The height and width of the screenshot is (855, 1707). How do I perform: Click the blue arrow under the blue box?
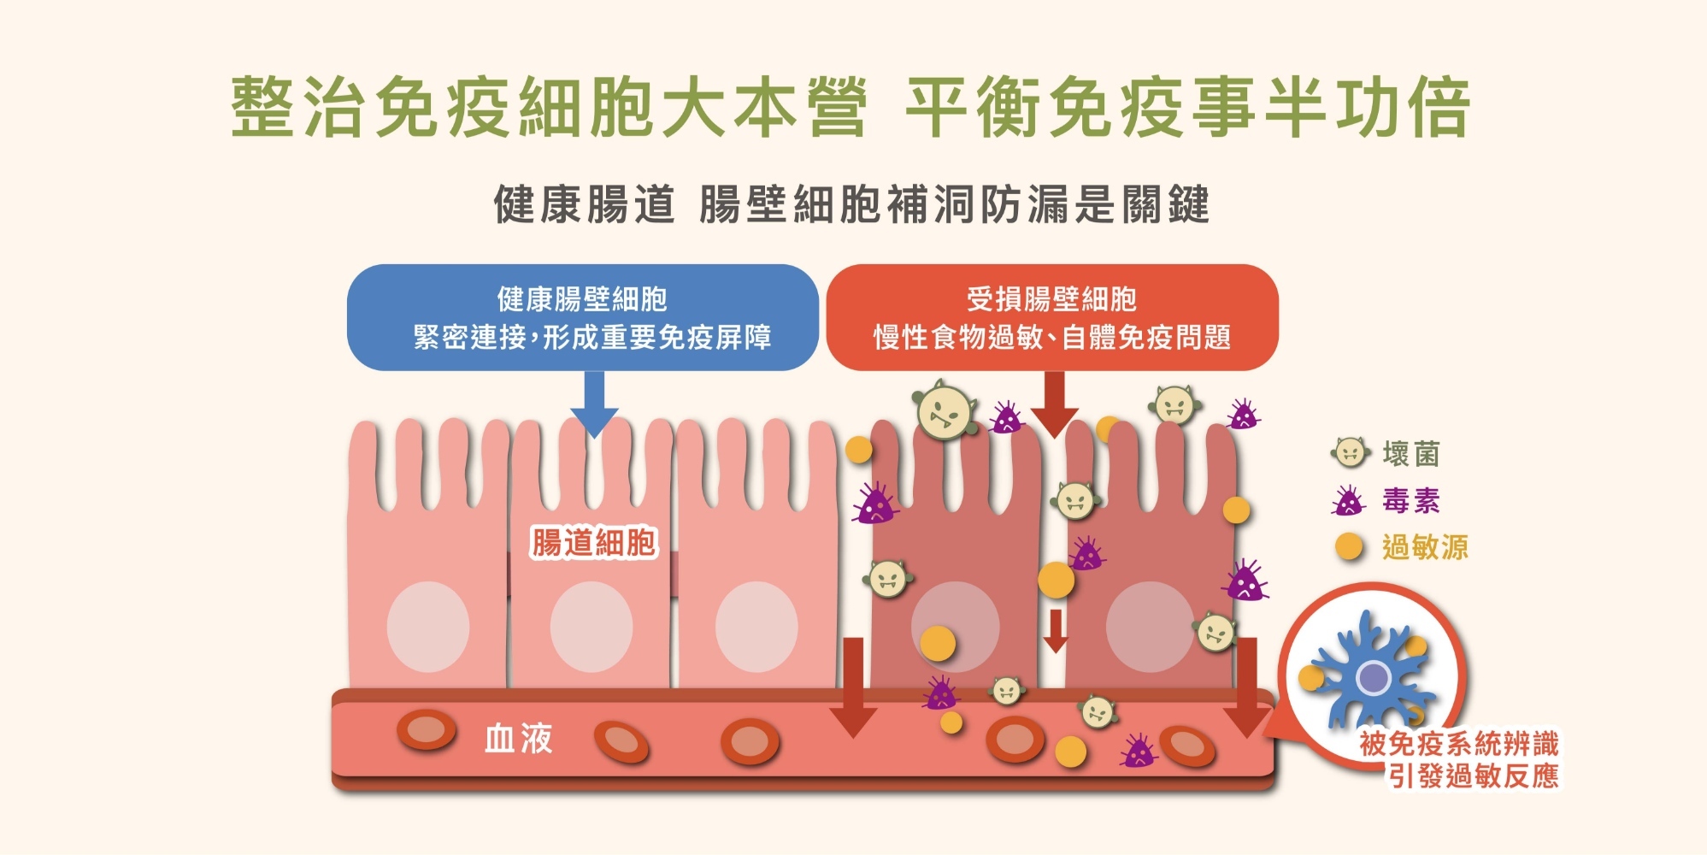tap(593, 402)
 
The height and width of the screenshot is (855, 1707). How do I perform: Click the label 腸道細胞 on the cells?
tap(593, 542)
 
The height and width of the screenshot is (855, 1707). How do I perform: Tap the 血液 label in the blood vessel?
tap(518, 738)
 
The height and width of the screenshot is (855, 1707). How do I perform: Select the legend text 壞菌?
tap(1410, 453)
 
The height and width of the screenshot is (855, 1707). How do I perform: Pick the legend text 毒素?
tap(1410, 500)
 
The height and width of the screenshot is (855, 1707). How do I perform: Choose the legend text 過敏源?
tap(1424, 547)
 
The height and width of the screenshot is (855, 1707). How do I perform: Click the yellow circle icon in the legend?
tap(1349, 546)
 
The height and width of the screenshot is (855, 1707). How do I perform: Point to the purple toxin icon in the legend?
tap(1348, 501)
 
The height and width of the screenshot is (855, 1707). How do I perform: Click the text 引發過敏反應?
tap(1473, 776)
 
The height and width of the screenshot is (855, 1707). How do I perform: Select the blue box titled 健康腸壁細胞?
tap(582, 317)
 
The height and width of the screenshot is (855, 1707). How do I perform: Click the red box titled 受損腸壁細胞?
tap(1051, 317)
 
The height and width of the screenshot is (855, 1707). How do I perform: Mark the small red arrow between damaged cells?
tap(1056, 631)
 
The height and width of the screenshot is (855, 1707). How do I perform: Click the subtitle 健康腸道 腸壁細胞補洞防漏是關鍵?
tap(851, 204)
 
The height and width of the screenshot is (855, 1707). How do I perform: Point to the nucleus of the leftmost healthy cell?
tap(427, 627)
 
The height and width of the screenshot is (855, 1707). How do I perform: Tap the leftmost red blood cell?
tap(426, 730)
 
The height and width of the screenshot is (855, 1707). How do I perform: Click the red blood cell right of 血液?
tap(621, 741)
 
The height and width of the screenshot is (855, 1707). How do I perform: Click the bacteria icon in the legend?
tap(1349, 452)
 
